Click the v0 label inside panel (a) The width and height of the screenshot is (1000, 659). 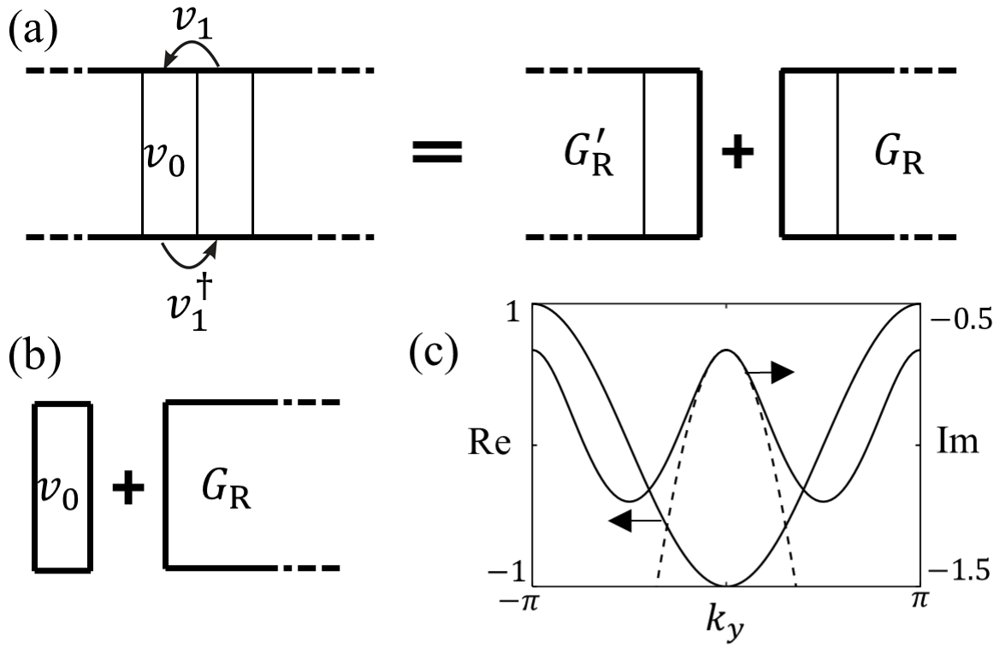point(166,160)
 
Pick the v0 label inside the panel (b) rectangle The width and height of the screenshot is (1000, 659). point(61,493)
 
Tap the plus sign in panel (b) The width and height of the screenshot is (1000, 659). point(128,490)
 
